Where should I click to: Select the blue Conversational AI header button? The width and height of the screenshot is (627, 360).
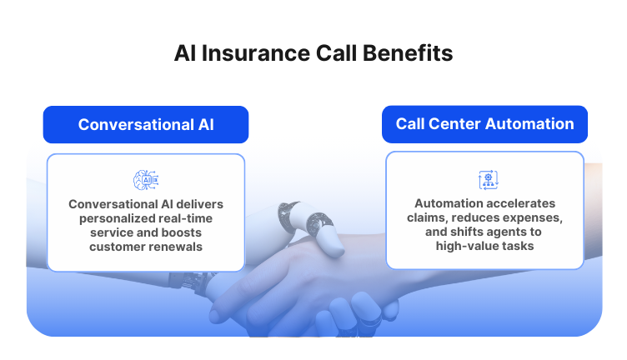pos(146,124)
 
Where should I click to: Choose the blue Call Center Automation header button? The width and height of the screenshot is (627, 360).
pos(484,124)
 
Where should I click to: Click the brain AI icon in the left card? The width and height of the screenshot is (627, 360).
pos(146,179)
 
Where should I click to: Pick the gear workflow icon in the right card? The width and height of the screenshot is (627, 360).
pos(486,179)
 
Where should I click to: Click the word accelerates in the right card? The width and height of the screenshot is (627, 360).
pos(518,203)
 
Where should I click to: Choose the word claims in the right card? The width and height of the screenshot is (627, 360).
pos(432,217)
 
